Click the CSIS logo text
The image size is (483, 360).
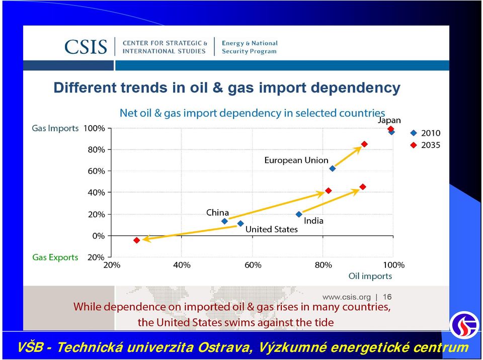tap(86, 47)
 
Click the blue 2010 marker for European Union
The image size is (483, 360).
tap(333, 168)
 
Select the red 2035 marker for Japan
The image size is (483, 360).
tap(390, 129)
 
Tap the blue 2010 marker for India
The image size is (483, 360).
tap(299, 214)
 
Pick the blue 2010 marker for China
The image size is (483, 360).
tap(224, 221)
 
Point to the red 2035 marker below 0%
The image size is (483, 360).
tap(137, 240)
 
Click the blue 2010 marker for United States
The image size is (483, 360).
tap(240, 223)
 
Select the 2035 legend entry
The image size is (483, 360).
tap(426, 145)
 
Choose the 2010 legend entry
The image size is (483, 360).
tap(426, 133)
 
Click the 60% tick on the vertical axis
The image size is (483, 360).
tap(97, 171)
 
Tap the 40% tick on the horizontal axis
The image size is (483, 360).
tap(182, 265)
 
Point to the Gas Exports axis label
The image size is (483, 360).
tap(55, 257)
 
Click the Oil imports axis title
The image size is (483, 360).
tap(370, 276)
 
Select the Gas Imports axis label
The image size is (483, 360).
tap(55, 128)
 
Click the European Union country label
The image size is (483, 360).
tap(296, 160)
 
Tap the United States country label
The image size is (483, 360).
tap(271, 229)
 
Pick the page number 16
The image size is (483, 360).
tap(387, 297)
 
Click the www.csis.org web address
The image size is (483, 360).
tap(347, 297)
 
